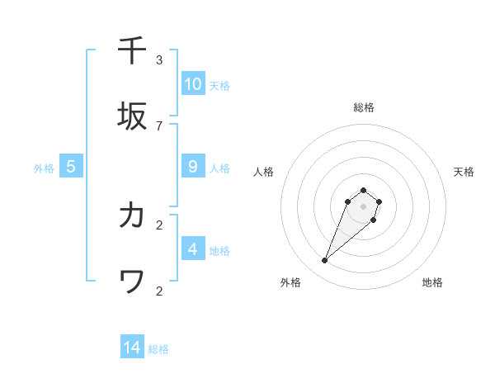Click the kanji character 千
(x=133, y=50)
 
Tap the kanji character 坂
(x=133, y=116)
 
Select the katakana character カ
(x=133, y=215)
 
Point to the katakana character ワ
(x=133, y=282)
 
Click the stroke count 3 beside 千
(x=159, y=59)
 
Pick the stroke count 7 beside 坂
(x=159, y=125)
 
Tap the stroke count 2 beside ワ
(x=159, y=291)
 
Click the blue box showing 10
(x=193, y=84)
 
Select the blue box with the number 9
(x=193, y=167)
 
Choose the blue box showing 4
(x=193, y=248)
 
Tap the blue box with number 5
(x=71, y=167)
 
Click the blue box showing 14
(x=132, y=348)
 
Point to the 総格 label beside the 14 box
(x=158, y=349)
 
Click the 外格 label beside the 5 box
(x=44, y=168)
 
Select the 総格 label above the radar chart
(x=364, y=107)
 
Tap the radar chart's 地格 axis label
(x=432, y=282)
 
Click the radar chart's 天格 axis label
(x=464, y=172)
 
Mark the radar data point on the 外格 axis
(x=325, y=261)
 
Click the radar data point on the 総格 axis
(x=364, y=189)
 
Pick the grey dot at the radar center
(x=364, y=206)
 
